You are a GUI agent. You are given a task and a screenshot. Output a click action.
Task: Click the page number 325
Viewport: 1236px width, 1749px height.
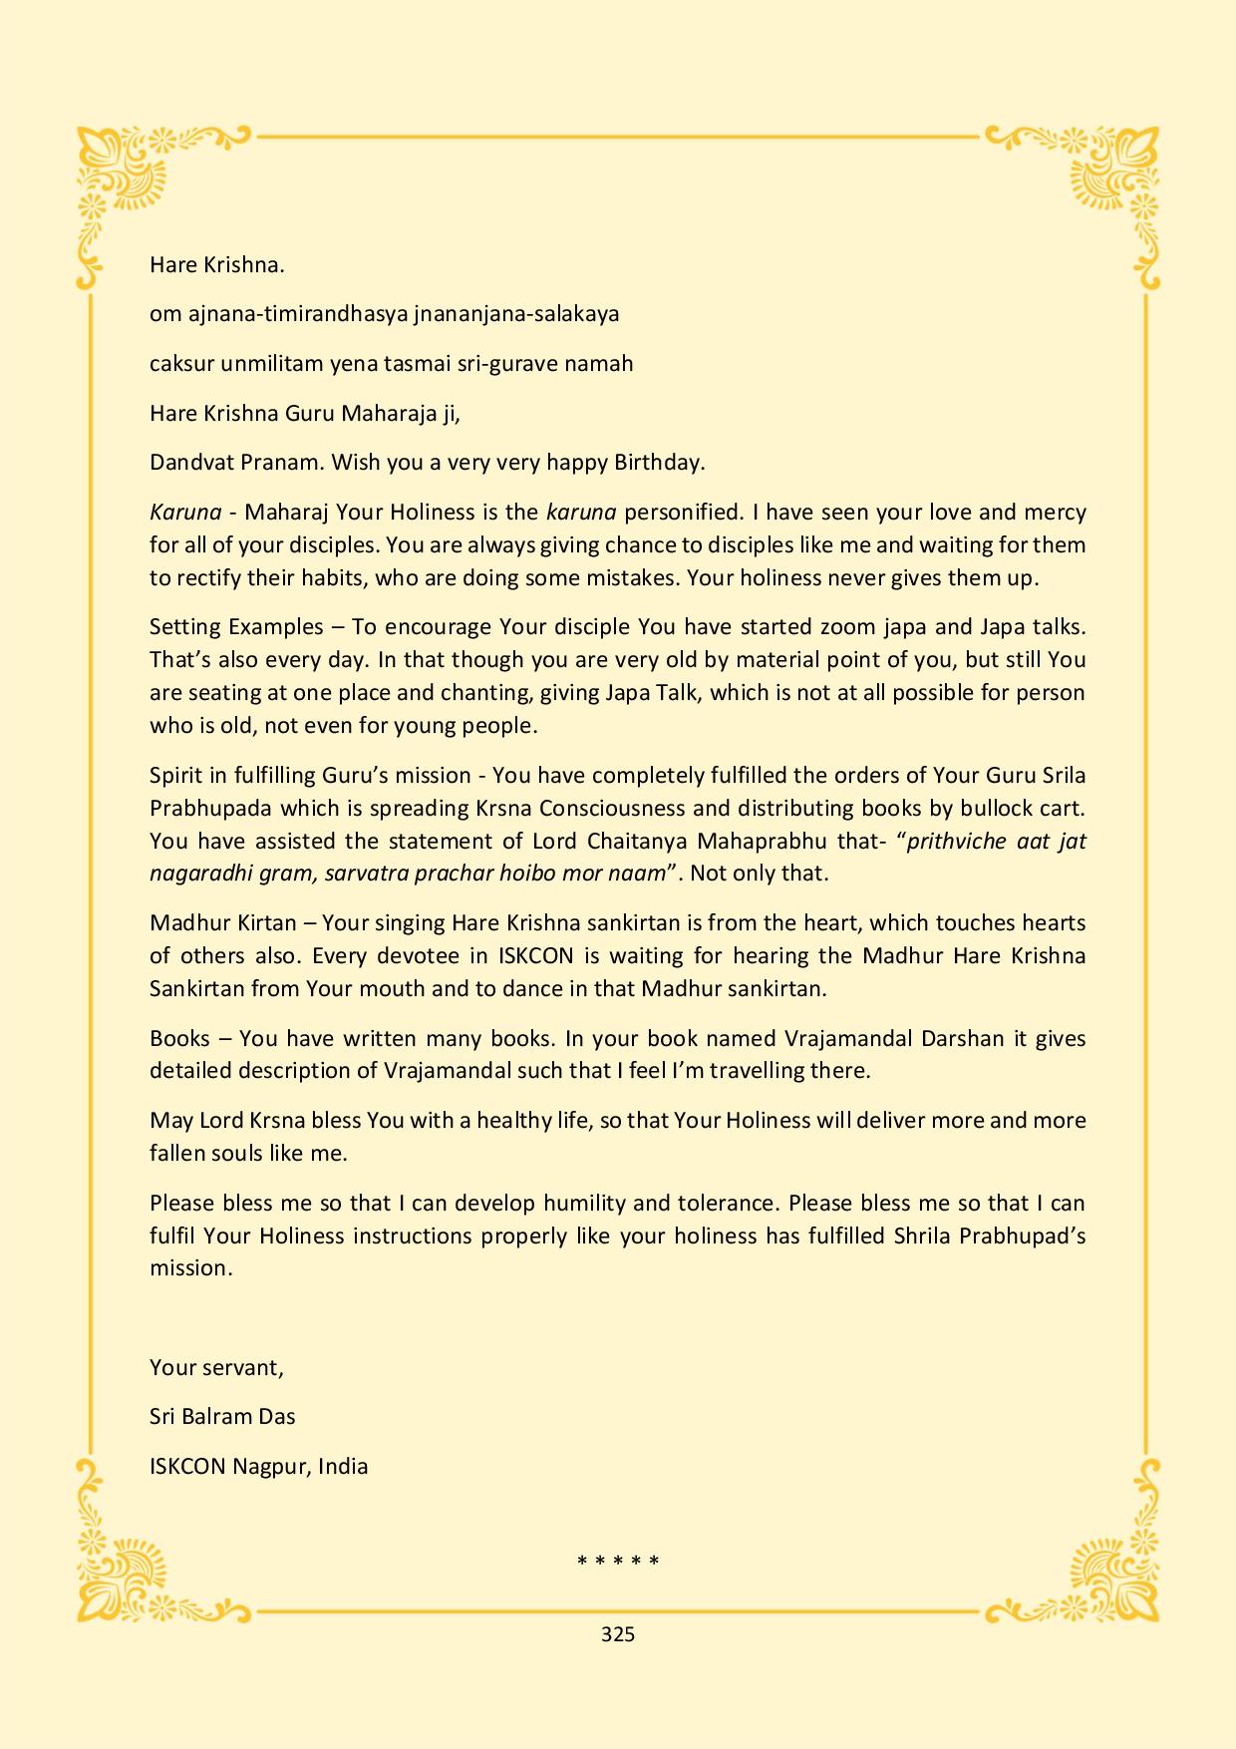pos(618,1634)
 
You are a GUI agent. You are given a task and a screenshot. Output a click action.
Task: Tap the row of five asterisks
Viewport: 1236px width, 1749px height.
pos(618,1561)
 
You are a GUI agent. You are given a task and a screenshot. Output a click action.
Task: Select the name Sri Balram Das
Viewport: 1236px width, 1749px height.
pos(222,1417)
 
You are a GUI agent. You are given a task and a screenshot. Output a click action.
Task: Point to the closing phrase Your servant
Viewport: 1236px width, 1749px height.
pos(216,1368)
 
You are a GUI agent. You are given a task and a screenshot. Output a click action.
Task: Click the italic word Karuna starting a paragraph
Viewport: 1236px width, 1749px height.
pos(185,513)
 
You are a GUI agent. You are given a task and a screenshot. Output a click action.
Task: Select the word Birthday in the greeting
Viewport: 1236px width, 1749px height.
pos(659,463)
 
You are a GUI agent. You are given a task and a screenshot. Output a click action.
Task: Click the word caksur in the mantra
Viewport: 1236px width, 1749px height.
pos(180,364)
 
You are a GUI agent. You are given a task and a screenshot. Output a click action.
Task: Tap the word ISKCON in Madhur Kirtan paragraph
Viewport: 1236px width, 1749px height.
pos(536,956)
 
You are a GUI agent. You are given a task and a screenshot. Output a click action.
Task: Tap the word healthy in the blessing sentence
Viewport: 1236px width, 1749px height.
pos(516,1121)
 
